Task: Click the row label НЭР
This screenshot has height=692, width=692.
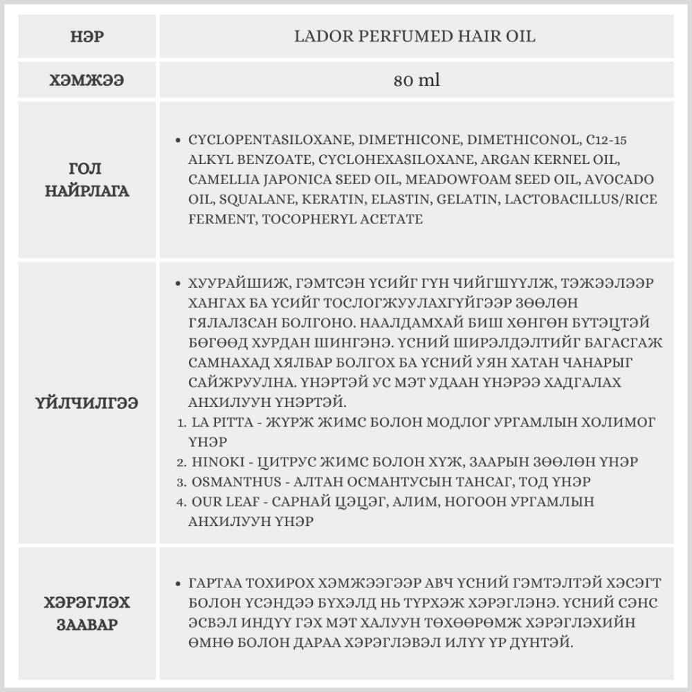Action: (x=86, y=37)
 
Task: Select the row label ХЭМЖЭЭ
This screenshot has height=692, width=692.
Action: (x=86, y=80)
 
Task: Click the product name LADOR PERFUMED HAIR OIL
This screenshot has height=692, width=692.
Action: (x=415, y=37)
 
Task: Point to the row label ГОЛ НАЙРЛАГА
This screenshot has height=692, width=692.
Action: (x=86, y=180)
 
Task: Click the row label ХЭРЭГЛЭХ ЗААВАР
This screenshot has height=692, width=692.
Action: (x=86, y=613)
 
